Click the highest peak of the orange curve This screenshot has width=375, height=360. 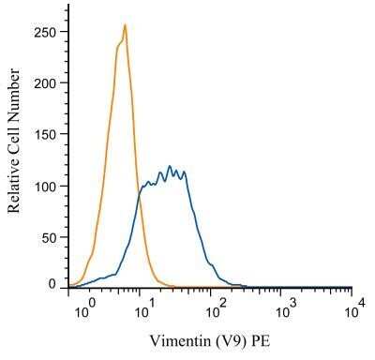point(125,25)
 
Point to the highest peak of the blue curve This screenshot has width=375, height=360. point(171,166)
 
